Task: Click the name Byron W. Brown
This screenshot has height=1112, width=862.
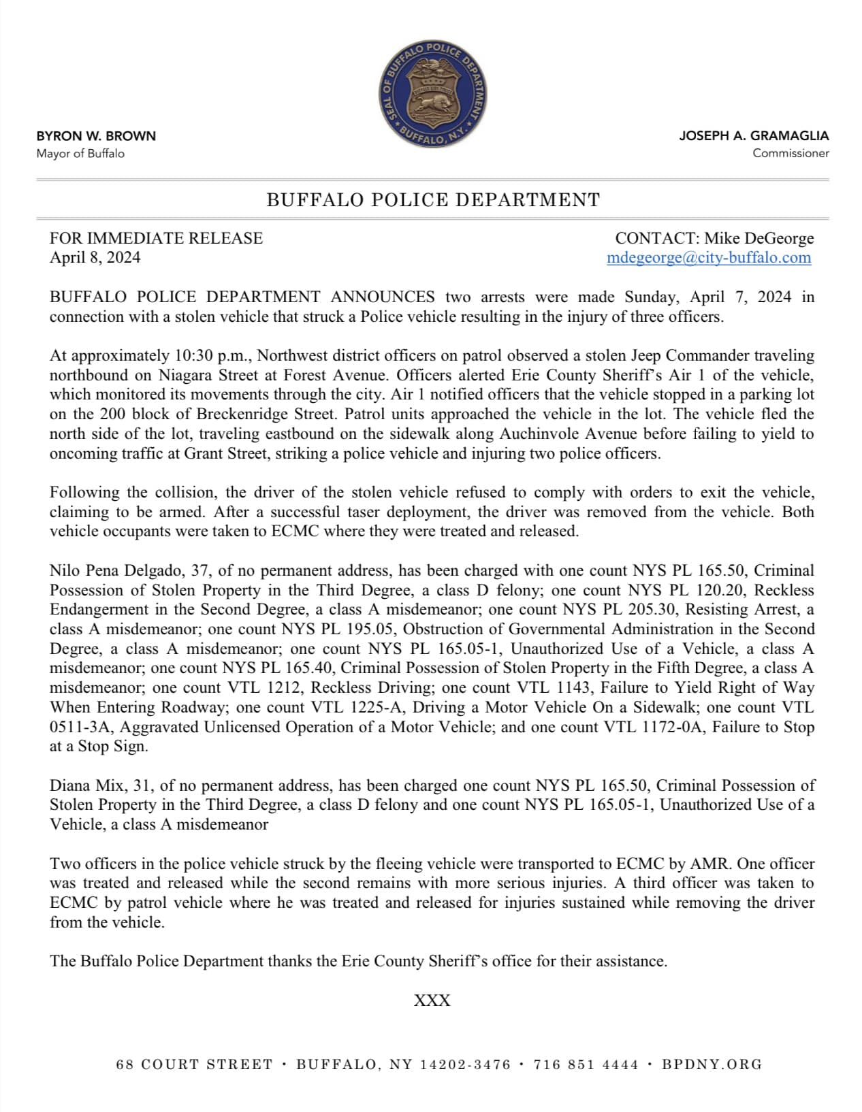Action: (x=96, y=136)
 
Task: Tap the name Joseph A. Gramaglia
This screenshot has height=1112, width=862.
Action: (x=754, y=136)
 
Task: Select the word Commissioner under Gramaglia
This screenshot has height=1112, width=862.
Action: (x=791, y=153)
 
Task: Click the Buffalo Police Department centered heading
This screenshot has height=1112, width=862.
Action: (x=433, y=200)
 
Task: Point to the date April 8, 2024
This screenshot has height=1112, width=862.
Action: (x=95, y=257)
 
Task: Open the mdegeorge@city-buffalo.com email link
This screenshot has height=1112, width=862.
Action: (x=709, y=257)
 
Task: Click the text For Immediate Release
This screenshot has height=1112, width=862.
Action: (x=156, y=238)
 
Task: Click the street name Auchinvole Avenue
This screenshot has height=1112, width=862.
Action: (x=569, y=434)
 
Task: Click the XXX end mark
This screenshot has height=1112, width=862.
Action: (x=432, y=1000)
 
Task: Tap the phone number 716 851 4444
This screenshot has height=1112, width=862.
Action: (x=586, y=1064)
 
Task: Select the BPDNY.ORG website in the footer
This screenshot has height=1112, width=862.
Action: (x=712, y=1064)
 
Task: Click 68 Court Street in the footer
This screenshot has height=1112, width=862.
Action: (x=194, y=1064)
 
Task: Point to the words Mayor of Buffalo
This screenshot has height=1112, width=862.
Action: (x=80, y=153)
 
